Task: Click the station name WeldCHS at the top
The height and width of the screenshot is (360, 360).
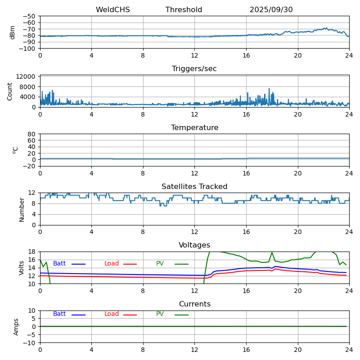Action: [112, 10]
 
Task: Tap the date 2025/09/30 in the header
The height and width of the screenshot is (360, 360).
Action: [271, 10]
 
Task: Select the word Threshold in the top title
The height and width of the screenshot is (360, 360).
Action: [184, 10]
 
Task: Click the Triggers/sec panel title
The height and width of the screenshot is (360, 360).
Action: [194, 69]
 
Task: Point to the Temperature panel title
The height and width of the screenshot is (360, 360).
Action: [194, 128]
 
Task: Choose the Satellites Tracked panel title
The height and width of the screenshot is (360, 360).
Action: [194, 187]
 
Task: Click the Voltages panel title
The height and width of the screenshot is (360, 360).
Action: [194, 245]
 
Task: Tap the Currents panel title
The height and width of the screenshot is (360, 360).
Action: [194, 304]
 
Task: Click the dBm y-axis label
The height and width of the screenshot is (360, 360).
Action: [13, 32]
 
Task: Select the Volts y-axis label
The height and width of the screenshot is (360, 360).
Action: [22, 268]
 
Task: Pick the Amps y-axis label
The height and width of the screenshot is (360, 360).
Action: [16, 327]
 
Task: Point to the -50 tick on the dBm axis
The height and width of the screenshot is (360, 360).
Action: [30, 16]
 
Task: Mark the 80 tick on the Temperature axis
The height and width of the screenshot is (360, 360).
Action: [32, 134]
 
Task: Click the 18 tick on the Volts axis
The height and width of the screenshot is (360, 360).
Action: [32, 252]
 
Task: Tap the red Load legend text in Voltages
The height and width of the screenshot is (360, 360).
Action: [112, 264]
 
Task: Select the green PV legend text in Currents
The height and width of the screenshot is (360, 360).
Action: [160, 314]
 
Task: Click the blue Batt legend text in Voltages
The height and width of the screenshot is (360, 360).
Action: [59, 264]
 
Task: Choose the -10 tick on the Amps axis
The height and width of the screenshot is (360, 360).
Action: [30, 343]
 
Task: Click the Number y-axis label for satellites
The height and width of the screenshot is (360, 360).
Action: [22, 209]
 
